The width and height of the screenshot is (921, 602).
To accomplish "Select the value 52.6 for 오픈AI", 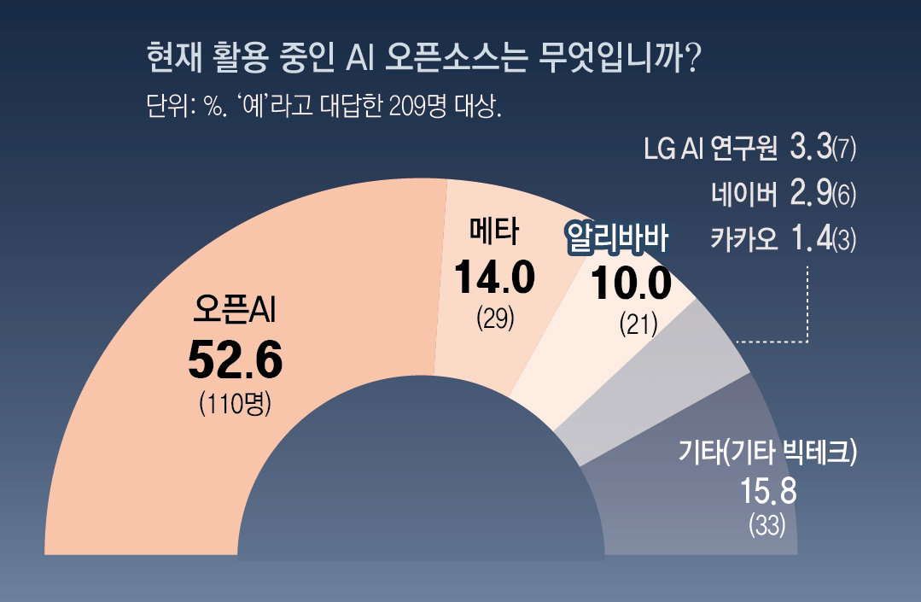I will click(235, 360).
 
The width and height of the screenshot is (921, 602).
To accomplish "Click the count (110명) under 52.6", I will click(235, 402).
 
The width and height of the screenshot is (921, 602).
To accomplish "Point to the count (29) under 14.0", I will click(494, 319).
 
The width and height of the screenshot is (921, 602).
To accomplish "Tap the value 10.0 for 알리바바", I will click(632, 284).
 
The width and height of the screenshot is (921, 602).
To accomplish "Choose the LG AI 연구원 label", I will click(710, 149).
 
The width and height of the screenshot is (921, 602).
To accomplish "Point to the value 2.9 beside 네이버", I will click(811, 194).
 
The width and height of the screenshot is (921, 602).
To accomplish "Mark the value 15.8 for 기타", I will click(767, 493).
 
